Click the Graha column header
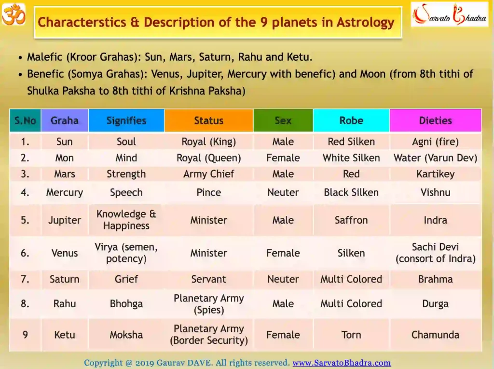coord(65,120)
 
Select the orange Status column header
coord(208,120)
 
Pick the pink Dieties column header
coord(435,120)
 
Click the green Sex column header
coord(283,120)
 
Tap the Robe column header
coord(351,120)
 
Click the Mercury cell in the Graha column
coord(65,192)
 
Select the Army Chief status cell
coord(208,174)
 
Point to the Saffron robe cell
coord(351,220)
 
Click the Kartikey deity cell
coord(435,174)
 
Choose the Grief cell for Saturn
coord(126,279)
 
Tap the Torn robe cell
coord(351,335)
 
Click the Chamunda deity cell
coord(435,335)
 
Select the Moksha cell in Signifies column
coord(126,335)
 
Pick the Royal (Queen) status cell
coord(208,158)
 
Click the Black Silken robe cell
coord(351,192)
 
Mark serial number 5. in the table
coord(25,220)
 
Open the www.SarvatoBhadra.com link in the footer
coord(342,363)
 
